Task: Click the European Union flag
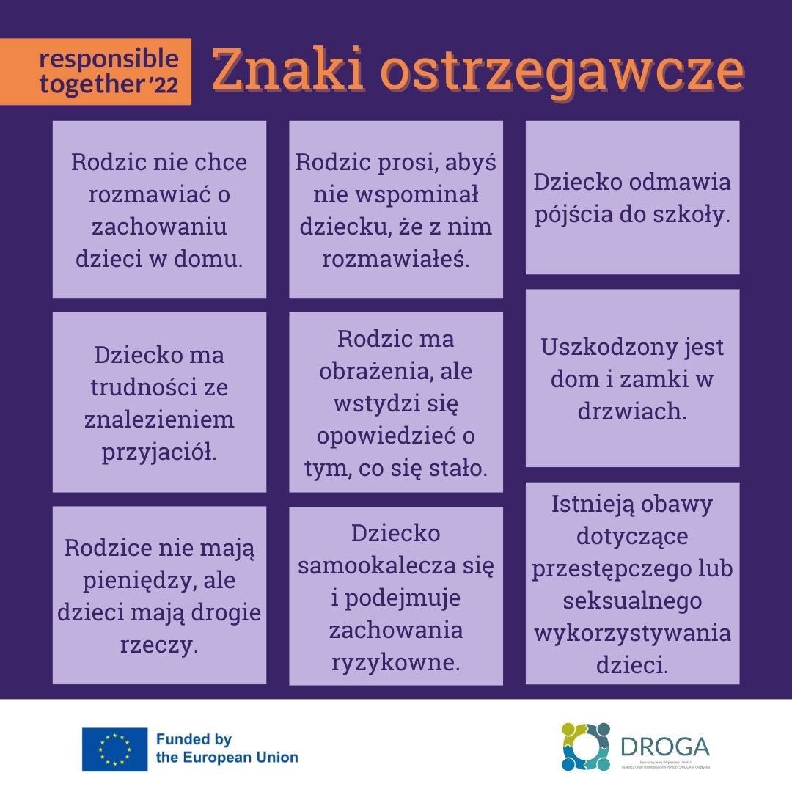(x=114, y=749)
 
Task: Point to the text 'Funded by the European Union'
(x=227, y=749)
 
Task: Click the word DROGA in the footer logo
(x=664, y=746)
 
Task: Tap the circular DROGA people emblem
(x=586, y=747)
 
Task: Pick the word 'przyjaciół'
(x=159, y=452)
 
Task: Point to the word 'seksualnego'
(x=632, y=601)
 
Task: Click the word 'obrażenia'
(x=374, y=371)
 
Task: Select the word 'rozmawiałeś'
(x=395, y=259)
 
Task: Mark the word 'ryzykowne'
(x=395, y=663)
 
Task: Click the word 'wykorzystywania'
(x=632, y=633)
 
